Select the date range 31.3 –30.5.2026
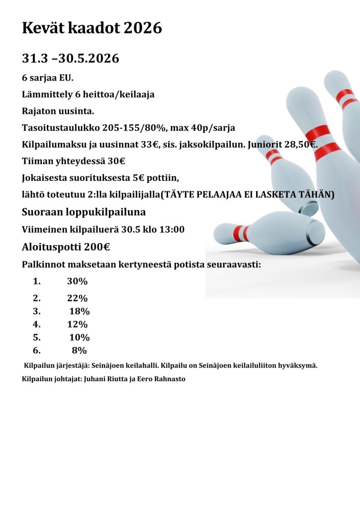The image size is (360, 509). coord(71,59)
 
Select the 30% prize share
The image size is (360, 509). coord(77,281)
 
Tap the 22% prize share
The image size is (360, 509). coord(77,298)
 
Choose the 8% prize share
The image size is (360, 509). coord(80,350)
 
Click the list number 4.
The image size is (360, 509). coord(36,325)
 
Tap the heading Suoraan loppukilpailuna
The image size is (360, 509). coord(84,212)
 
